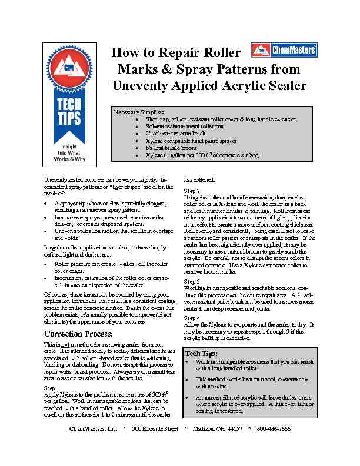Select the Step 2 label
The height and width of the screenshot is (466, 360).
[192, 191]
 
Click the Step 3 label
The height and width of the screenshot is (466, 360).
[192, 282]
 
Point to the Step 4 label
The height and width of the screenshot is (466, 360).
[192, 318]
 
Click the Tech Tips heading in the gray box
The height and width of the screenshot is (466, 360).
[202, 354]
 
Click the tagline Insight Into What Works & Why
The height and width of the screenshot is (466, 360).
[69, 151]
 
